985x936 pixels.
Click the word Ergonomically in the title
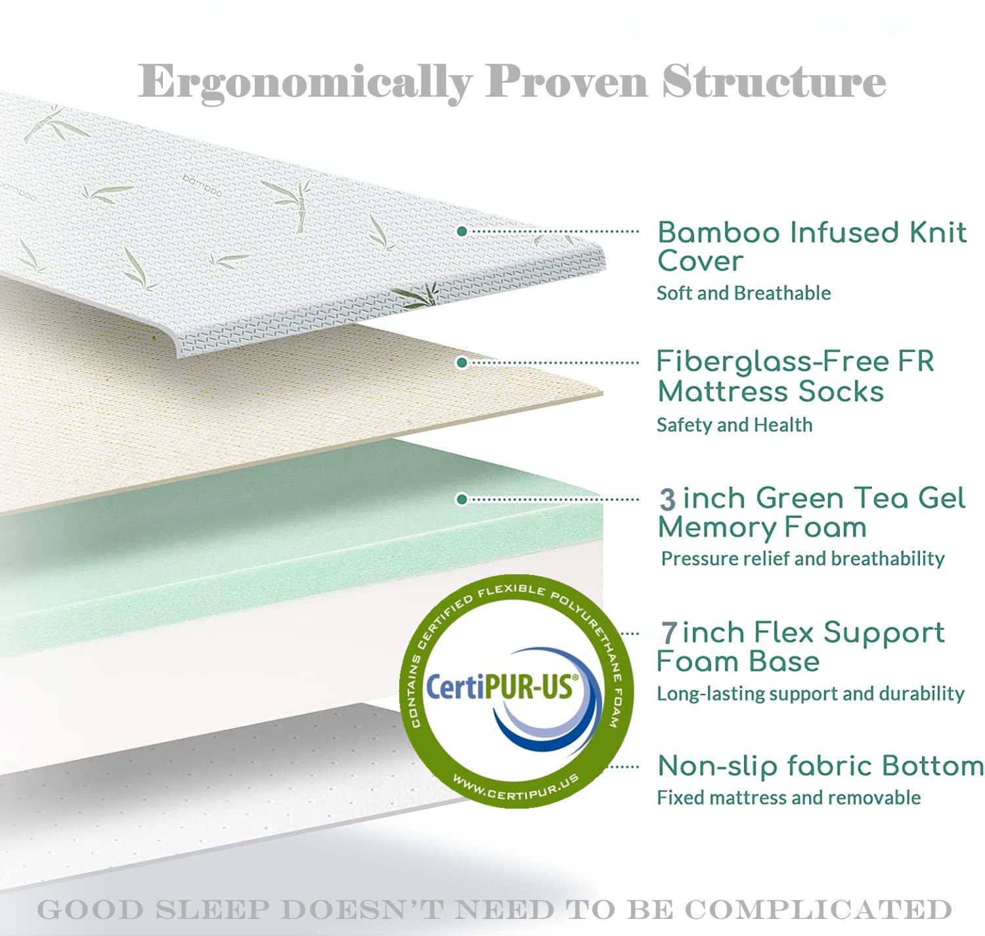click(x=305, y=83)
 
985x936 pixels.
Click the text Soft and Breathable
click(x=743, y=293)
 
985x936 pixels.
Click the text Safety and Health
click(x=734, y=425)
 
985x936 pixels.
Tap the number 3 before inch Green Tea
click(x=667, y=500)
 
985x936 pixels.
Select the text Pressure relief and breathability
click(x=802, y=559)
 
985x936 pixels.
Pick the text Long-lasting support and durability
click(x=810, y=694)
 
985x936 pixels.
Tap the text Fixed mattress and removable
click(x=789, y=798)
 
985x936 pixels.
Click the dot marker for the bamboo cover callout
click(x=462, y=231)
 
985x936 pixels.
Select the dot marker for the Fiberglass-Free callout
click(x=462, y=362)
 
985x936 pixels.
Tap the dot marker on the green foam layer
click(x=462, y=500)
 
